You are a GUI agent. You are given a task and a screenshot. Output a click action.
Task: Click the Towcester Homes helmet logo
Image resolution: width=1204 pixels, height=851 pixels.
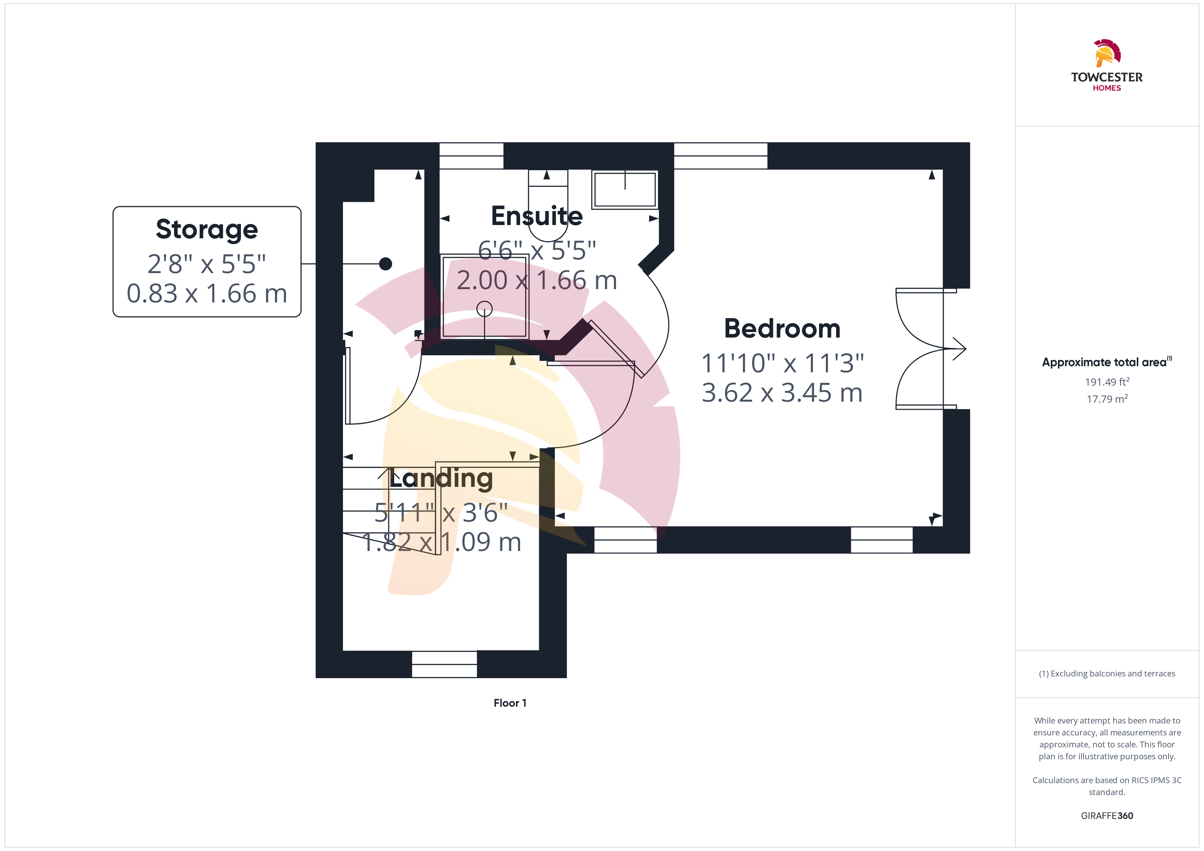[x=1107, y=53]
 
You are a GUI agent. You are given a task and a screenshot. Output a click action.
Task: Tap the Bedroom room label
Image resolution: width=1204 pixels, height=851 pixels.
[x=782, y=329]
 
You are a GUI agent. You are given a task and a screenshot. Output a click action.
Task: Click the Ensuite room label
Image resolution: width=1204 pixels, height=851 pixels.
[x=536, y=216]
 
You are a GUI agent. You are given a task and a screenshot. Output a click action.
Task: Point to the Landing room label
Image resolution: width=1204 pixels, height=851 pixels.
[x=441, y=478]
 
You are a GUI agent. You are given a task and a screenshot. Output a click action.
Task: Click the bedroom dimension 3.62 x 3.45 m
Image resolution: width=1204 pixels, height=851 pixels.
[x=782, y=392]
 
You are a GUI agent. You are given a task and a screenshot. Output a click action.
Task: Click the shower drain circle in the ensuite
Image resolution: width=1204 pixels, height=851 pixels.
[x=485, y=309]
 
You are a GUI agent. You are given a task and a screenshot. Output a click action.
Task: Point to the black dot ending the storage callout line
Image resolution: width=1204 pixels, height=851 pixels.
[x=385, y=264]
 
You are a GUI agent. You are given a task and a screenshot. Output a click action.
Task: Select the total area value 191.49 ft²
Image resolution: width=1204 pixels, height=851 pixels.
[x=1107, y=382]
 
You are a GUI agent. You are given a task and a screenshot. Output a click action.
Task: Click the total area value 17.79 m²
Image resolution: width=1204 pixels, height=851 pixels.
[x=1107, y=399]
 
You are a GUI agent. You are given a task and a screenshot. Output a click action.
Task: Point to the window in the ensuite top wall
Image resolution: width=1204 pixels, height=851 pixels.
[x=471, y=155]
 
